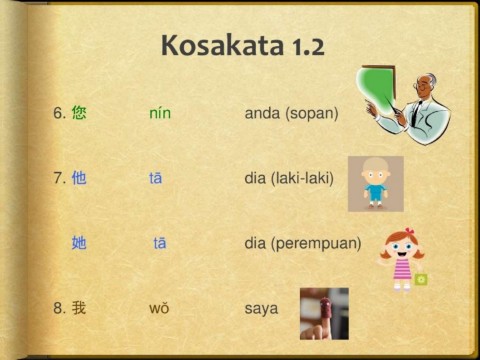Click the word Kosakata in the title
222,45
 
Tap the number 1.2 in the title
308,47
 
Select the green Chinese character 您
79,113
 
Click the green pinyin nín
160,113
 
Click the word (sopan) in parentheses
312,114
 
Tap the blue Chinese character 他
79,178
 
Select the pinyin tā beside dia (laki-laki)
156,178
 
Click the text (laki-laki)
302,178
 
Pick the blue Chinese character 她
79,242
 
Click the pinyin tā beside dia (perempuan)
160,243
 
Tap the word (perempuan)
316,244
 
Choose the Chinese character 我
79,307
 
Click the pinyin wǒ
159,308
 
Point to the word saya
261,309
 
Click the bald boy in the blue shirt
376,183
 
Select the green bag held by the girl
421,279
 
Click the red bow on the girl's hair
410,231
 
